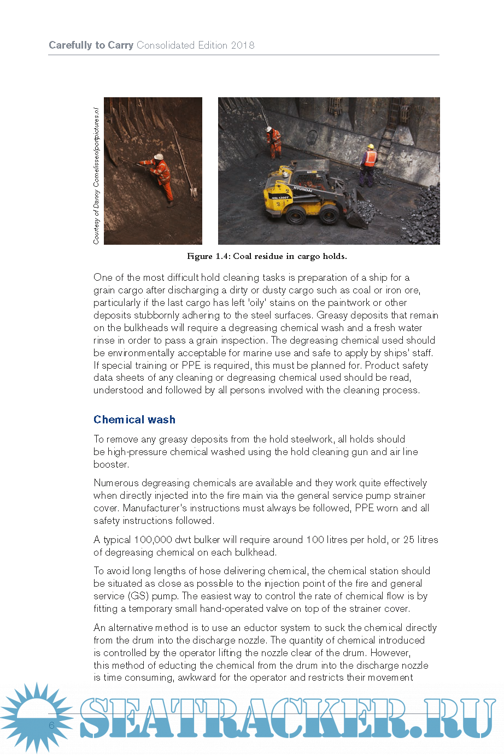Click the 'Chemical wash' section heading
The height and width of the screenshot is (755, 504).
click(x=134, y=420)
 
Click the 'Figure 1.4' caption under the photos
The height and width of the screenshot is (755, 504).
click(x=267, y=256)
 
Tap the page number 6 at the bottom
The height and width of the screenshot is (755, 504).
click(x=52, y=725)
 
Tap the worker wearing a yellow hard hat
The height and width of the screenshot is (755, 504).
click(x=370, y=164)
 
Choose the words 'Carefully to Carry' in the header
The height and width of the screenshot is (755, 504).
click(x=91, y=45)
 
